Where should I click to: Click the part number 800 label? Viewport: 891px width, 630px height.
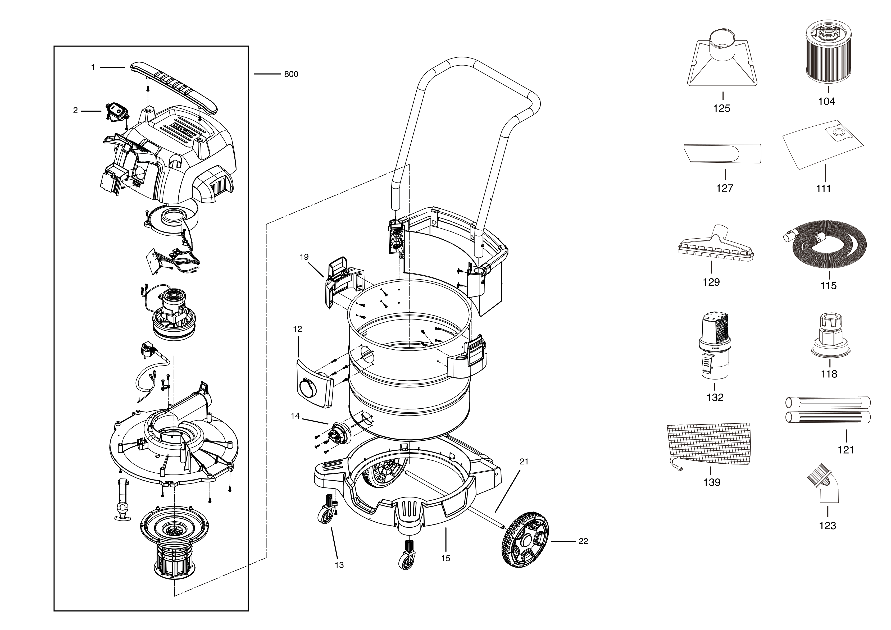[x=291, y=74]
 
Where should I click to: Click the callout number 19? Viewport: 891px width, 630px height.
[x=304, y=257]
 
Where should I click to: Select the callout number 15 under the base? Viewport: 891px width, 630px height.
[x=446, y=558]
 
